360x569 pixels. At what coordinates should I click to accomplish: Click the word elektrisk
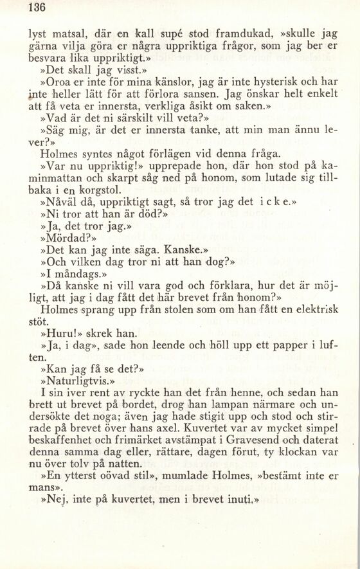(x=316, y=309)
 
